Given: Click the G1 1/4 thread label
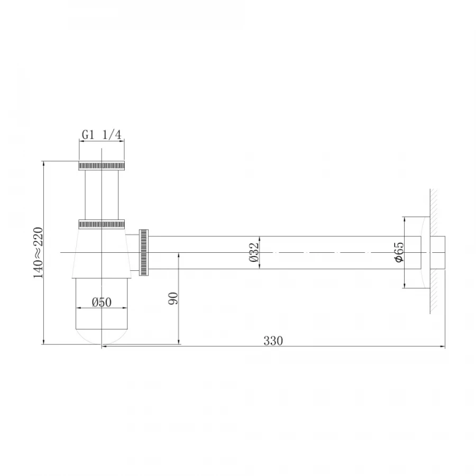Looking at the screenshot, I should coord(102,135).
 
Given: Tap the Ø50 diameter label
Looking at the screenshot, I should coord(101,302).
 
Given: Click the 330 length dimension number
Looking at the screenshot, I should coord(273,341).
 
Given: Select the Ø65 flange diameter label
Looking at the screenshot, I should coord(399,252).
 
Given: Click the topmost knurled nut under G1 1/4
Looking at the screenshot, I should coord(102,166).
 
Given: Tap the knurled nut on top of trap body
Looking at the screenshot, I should coord(102,224).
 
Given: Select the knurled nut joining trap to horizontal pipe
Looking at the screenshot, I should coord(143,252).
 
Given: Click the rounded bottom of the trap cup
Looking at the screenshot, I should coord(102,336).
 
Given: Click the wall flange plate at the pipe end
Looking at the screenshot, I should coord(425,252).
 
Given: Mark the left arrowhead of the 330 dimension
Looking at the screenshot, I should coord(104,346).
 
